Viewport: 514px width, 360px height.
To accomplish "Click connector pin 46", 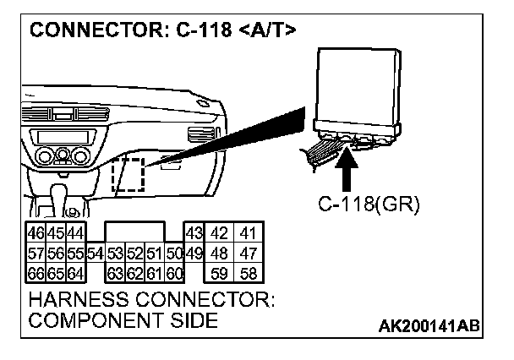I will pyautogui.click(x=36, y=232).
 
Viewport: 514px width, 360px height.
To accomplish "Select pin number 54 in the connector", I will pyautogui.click(x=95, y=254).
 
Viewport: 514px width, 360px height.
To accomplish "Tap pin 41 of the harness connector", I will pyautogui.click(x=249, y=232).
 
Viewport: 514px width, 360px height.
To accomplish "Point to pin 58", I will pyautogui.click(x=249, y=273).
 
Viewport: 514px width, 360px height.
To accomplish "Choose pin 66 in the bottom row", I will pyautogui.click(x=36, y=273).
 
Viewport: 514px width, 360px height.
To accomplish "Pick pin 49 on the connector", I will pyautogui.click(x=194, y=254).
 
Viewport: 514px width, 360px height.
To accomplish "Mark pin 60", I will pyautogui.click(x=175, y=273).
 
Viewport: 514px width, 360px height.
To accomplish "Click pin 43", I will pyautogui.click(x=194, y=232).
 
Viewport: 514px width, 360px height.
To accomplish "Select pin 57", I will pyautogui.click(x=36, y=254).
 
